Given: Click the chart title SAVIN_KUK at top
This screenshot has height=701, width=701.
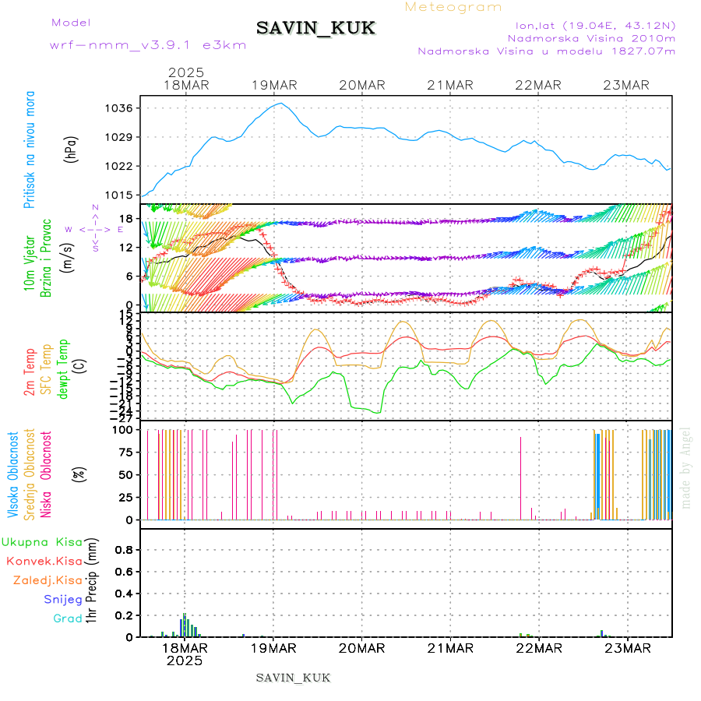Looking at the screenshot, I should (315, 29).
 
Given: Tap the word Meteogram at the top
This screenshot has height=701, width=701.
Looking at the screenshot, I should (453, 7).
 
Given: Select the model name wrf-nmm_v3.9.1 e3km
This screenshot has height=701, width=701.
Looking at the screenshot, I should (148, 45).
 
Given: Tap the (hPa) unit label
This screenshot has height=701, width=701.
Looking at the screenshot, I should (72, 149).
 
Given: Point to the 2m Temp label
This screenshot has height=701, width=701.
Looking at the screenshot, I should (29, 372).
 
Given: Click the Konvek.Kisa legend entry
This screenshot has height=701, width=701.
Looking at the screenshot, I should (44, 561).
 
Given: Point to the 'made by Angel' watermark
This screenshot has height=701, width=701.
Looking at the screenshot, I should (686, 467).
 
